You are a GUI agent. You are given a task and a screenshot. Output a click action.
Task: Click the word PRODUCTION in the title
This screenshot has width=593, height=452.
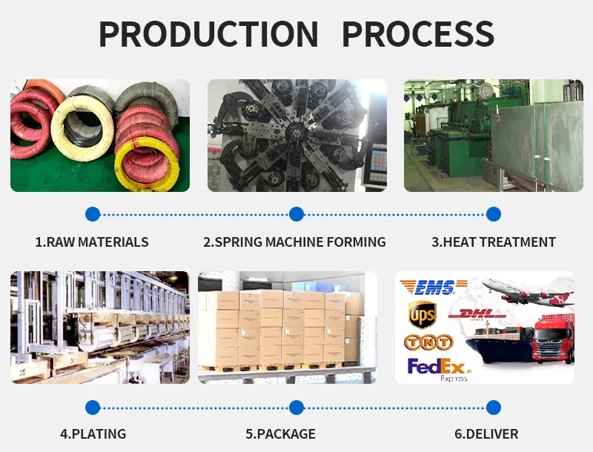208,34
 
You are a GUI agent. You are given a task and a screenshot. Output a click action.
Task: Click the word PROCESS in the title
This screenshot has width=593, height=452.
418,34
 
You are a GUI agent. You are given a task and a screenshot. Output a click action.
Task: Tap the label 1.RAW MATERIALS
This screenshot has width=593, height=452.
92,242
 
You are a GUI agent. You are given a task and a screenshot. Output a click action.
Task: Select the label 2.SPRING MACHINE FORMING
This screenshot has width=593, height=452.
294,242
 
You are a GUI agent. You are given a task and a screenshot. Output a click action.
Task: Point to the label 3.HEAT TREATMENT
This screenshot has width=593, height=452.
494,242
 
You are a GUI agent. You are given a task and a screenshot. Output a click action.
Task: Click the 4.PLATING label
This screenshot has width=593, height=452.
93,434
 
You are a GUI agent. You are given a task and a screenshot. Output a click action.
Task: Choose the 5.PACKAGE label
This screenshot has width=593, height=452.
281,434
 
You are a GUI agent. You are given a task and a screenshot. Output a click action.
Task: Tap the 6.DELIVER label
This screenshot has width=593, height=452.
486,434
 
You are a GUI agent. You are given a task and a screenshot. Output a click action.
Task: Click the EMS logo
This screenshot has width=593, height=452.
434,288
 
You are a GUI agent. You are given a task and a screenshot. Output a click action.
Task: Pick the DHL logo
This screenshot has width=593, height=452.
477,314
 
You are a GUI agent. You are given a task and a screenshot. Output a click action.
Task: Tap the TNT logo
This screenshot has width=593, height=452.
428,342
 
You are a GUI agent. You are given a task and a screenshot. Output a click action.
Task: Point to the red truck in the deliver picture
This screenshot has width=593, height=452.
553,339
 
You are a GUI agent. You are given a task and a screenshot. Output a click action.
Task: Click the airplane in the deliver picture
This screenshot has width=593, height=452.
529,291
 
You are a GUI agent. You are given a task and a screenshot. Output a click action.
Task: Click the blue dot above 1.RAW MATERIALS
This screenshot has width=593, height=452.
93,214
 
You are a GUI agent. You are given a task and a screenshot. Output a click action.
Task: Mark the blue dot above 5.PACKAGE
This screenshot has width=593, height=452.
296,408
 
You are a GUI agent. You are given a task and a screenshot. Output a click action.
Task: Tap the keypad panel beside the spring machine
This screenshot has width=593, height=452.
378,162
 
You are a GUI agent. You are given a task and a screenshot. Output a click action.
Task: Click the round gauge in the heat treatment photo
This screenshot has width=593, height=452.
486,90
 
